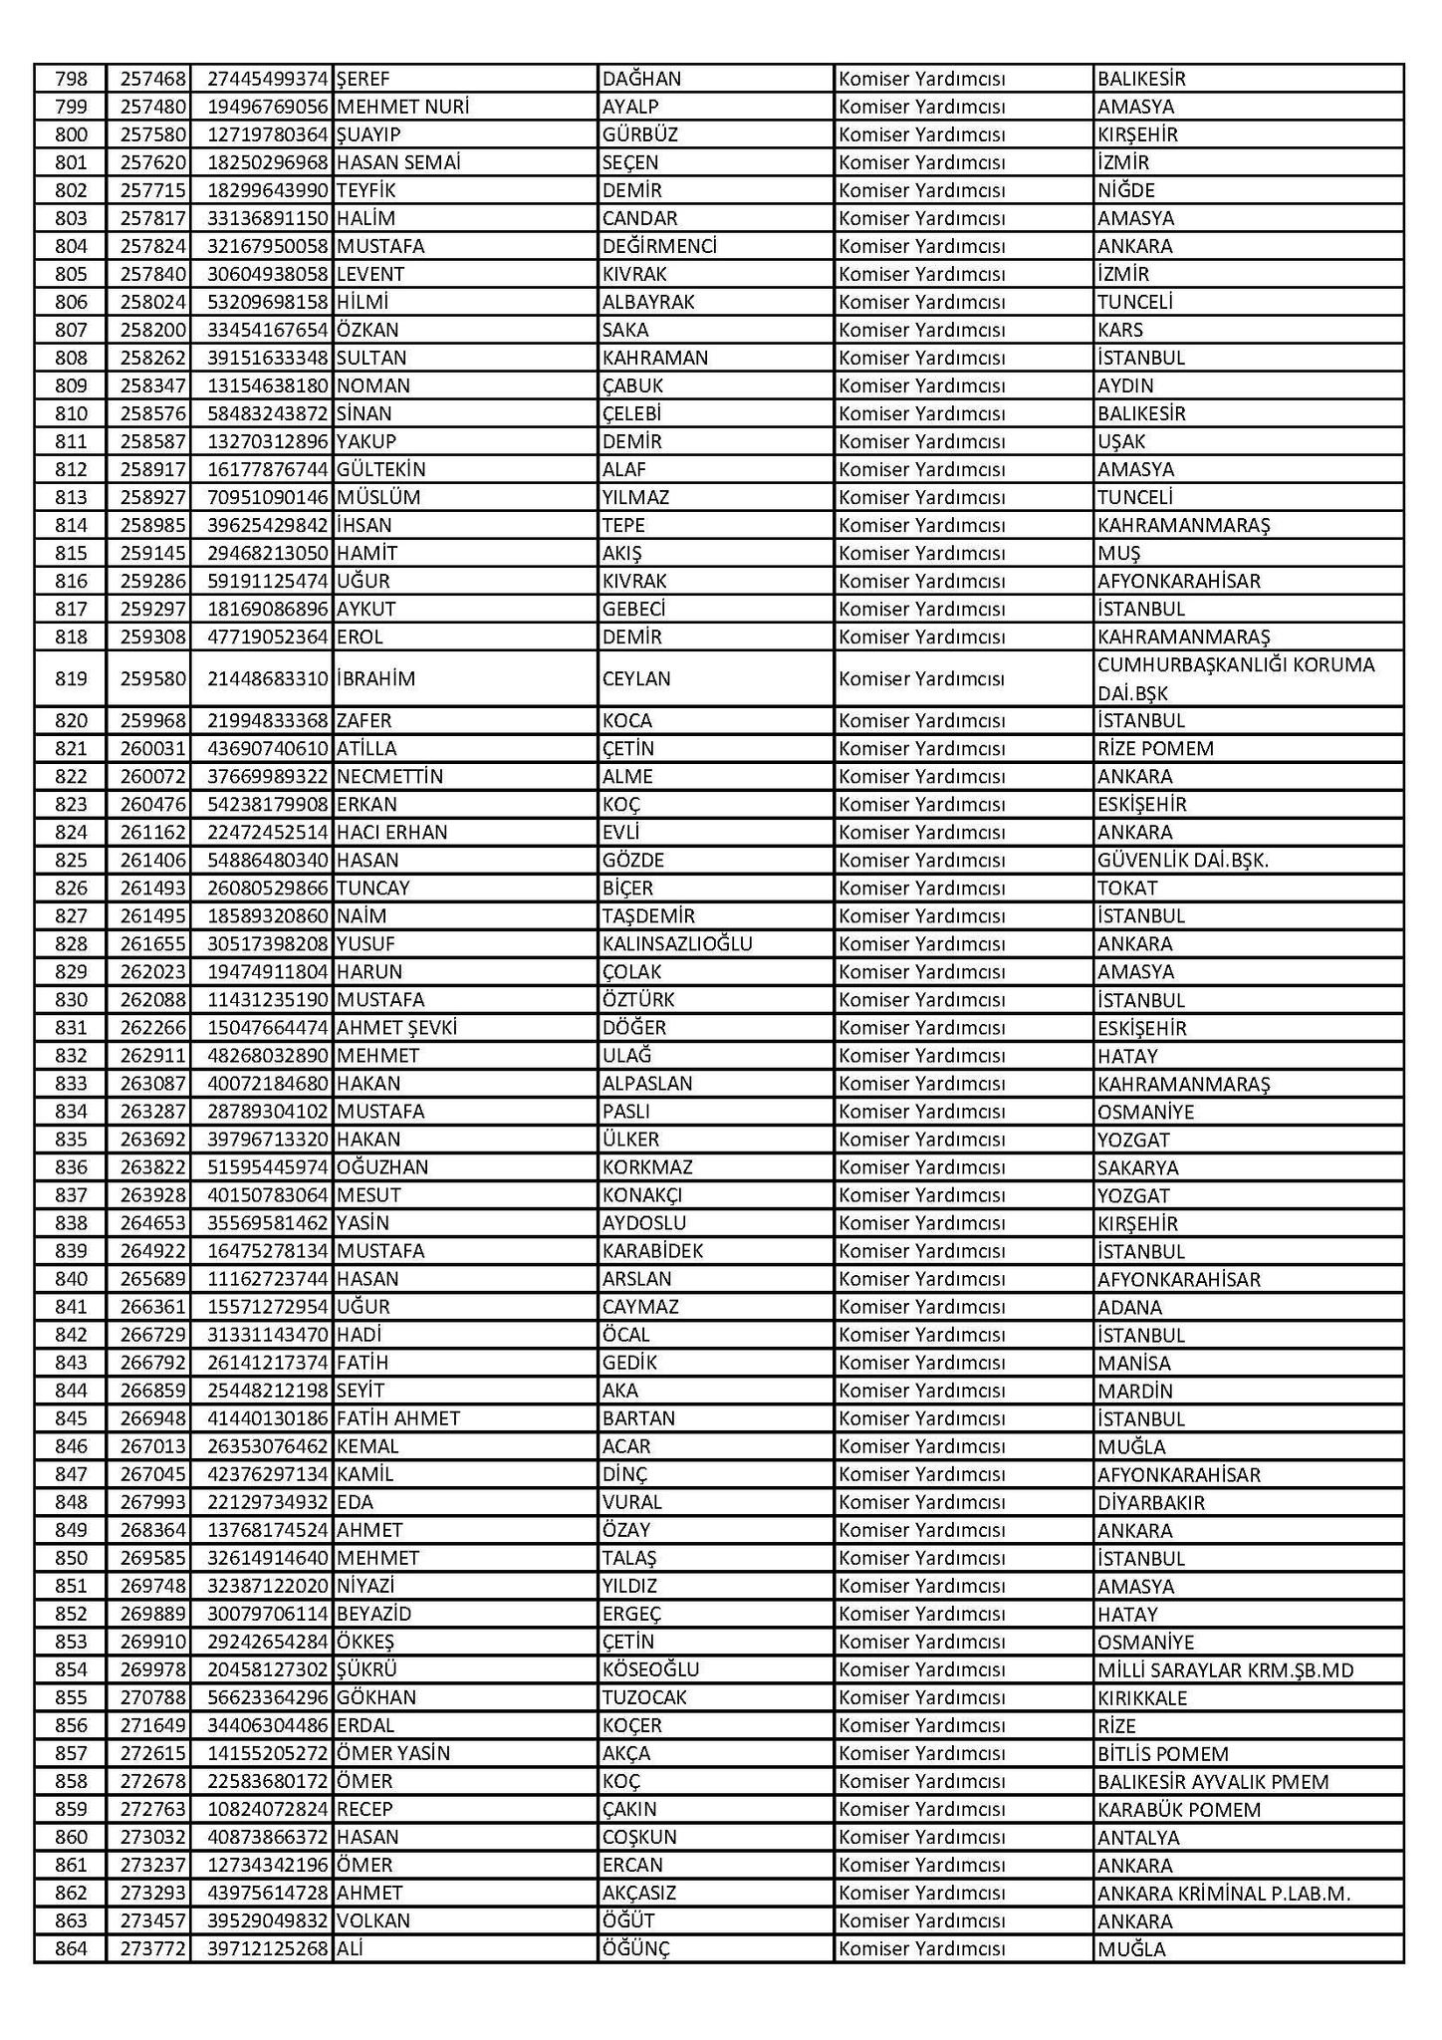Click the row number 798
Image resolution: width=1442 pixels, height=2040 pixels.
71,79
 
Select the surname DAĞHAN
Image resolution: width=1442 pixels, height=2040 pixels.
641,79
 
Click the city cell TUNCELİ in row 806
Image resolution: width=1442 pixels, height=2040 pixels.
1135,302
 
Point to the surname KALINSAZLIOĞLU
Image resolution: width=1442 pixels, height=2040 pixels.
677,943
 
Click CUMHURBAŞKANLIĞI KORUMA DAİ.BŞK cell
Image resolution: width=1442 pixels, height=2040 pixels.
1235,678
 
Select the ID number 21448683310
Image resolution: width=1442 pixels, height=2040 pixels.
267,678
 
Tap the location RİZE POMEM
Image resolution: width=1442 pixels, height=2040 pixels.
1155,748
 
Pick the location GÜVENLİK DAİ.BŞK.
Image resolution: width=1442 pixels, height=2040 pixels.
1183,860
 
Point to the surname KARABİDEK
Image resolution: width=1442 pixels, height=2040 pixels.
652,1250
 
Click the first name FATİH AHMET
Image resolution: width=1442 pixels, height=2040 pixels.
398,1417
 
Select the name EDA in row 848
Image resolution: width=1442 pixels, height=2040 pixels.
356,1501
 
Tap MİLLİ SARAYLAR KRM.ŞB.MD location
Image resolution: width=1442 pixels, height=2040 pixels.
1225,1669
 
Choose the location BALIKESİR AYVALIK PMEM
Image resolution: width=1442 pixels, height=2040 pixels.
1213,1781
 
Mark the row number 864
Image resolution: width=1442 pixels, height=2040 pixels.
71,1948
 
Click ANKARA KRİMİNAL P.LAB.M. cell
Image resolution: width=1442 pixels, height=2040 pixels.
1224,1893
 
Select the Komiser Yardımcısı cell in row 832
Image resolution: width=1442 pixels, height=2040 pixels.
921,1055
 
